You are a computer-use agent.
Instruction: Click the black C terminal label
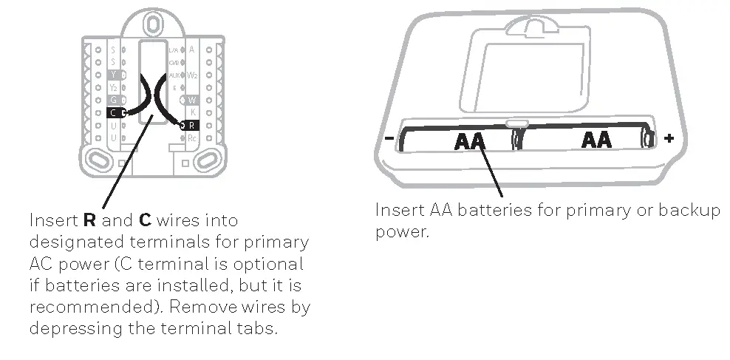113,112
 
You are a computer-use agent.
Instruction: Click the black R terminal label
191,126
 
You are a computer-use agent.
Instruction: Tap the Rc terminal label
191,138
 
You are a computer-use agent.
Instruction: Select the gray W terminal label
191,100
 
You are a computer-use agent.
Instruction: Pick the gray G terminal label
113,100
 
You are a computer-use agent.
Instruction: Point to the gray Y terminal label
113,75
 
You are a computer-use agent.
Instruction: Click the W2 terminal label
191,75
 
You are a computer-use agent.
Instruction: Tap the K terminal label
191,112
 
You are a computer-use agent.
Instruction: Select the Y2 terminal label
113,87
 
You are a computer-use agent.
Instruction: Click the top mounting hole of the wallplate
151,23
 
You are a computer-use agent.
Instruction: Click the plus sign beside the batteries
669,138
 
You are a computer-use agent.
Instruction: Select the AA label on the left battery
471,140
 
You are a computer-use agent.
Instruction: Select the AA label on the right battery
596,139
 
